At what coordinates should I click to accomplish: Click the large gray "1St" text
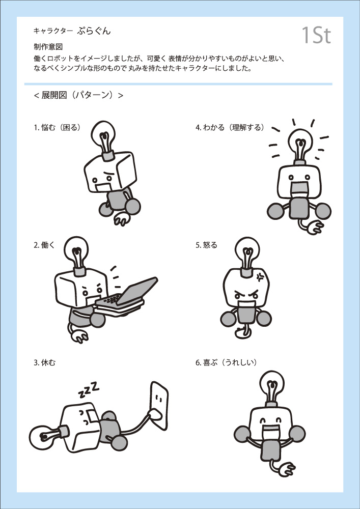click(x=316, y=35)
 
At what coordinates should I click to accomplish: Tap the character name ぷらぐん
click(x=94, y=31)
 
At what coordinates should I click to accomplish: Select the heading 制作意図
click(x=48, y=47)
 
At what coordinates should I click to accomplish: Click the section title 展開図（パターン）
click(x=78, y=95)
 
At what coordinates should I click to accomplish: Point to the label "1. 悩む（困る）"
click(x=57, y=128)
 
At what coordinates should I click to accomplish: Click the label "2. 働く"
click(x=44, y=245)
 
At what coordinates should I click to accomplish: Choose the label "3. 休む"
click(x=44, y=362)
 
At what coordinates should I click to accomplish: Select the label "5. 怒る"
click(x=206, y=245)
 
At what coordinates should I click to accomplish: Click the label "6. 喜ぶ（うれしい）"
click(x=226, y=362)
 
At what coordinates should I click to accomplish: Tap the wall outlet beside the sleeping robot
click(x=159, y=406)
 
